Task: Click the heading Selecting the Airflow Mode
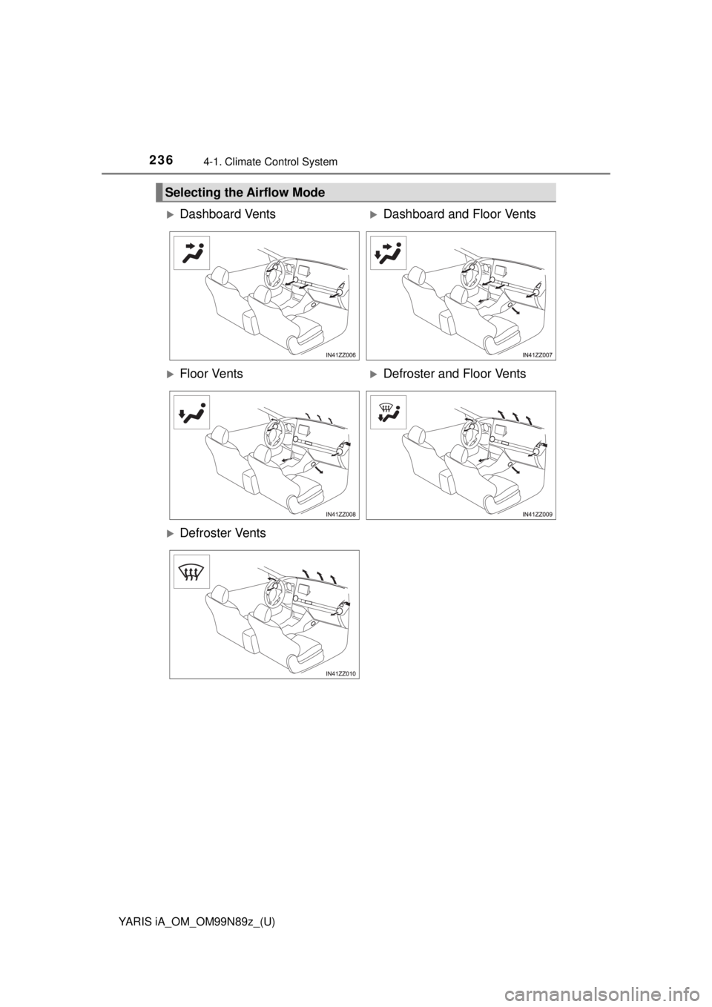click(248, 193)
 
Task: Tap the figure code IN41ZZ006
click(340, 355)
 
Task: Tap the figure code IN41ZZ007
click(538, 355)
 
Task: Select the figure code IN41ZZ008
click(340, 514)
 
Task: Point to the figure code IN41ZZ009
click(538, 514)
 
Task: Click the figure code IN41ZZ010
click(340, 673)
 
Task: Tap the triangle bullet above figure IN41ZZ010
click(169, 533)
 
